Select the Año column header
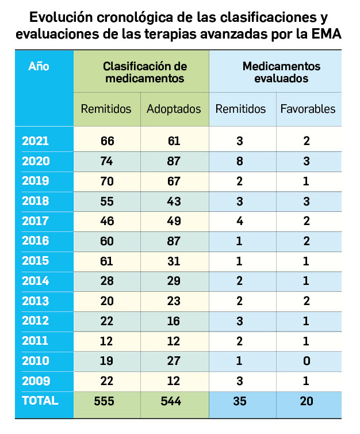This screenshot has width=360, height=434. [39, 66]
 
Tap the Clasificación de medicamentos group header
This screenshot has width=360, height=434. [141, 72]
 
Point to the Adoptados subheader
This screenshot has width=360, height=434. [174, 109]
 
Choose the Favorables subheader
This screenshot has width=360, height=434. [308, 109]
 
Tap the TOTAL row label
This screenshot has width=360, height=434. [40, 401]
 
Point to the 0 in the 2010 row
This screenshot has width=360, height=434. [308, 361]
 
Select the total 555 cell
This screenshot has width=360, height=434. [106, 401]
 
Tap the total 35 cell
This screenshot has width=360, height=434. [241, 401]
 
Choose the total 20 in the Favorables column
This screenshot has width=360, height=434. [308, 401]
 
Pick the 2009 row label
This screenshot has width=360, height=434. [36, 380]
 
